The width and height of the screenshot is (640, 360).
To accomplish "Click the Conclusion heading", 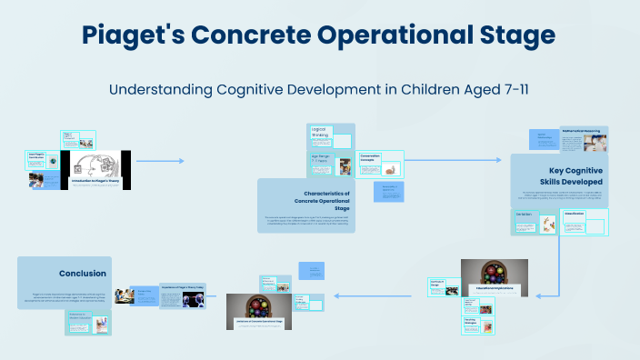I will coord(83,273).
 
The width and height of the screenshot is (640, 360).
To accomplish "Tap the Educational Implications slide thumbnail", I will coord(494,279).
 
